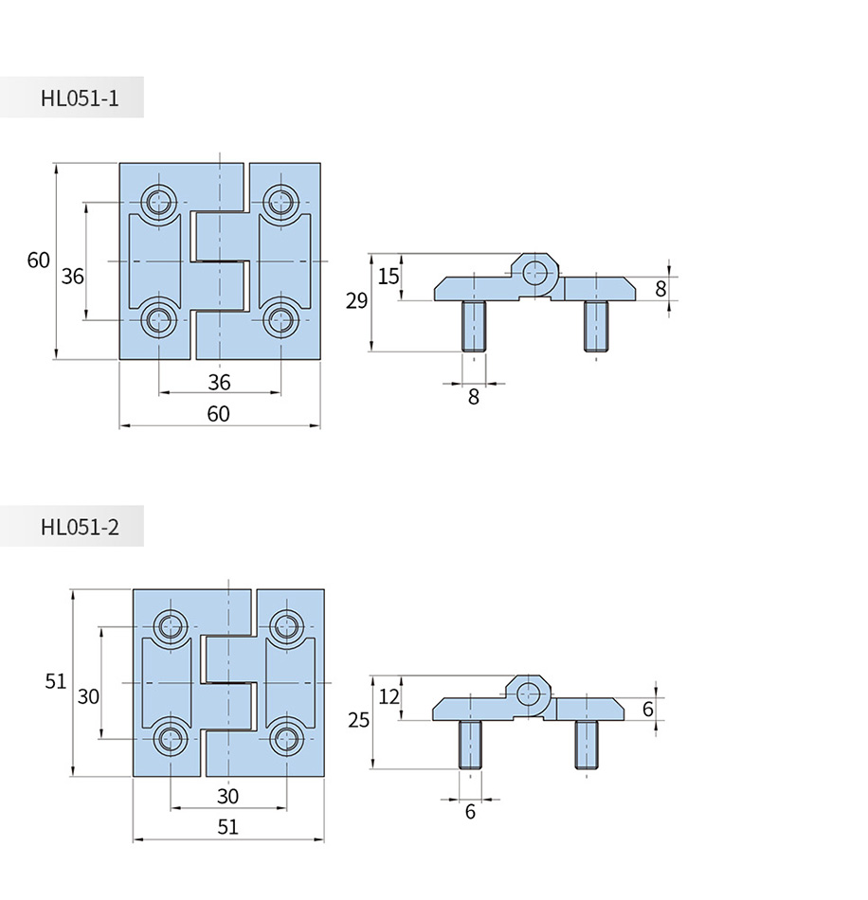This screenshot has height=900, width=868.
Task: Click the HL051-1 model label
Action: pyautogui.click(x=80, y=99)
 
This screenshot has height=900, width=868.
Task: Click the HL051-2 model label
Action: pyautogui.click(x=80, y=527)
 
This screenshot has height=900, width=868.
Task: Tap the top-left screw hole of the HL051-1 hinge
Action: pyautogui.click(x=158, y=202)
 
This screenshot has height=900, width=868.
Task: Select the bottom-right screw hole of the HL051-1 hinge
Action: pyautogui.click(x=280, y=320)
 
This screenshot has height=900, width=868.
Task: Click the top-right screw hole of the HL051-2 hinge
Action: pyautogui.click(x=286, y=626)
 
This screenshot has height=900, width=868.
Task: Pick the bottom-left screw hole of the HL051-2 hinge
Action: pyautogui.click(x=171, y=739)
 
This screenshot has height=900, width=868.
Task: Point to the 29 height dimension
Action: pyautogui.click(x=356, y=300)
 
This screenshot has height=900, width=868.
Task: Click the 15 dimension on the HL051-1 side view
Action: pyautogui.click(x=389, y=277)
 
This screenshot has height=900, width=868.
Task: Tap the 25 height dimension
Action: pyautogui.click(x=358, y=720)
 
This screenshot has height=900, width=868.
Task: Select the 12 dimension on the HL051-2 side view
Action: pyautogui.click(x=389, y=697)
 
